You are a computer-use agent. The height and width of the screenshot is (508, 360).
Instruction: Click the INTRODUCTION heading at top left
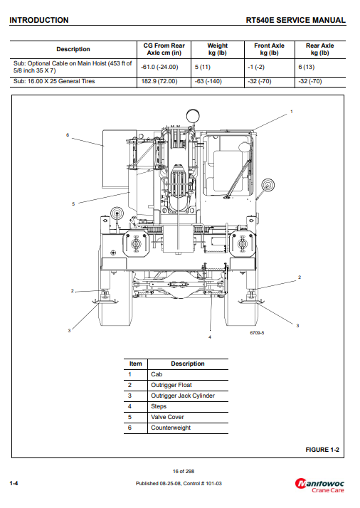[39, 20]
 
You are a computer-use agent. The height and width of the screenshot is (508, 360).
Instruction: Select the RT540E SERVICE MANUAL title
[295, 20]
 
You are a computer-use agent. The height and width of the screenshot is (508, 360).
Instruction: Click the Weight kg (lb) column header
[218, 49]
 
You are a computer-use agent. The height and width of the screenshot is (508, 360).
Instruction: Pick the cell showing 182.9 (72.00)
[159, 81]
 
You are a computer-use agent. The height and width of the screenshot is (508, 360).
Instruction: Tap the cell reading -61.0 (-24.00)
[159, 67]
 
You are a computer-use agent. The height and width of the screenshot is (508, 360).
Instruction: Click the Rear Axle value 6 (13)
[306, 67]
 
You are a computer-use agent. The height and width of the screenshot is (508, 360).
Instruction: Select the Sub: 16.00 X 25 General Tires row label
[54, 81]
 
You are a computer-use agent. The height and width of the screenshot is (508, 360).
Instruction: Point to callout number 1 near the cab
[291, 112]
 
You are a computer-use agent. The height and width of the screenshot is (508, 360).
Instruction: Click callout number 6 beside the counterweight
[68, 135]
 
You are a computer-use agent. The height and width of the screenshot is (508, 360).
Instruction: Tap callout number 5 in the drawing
[73, 204]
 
